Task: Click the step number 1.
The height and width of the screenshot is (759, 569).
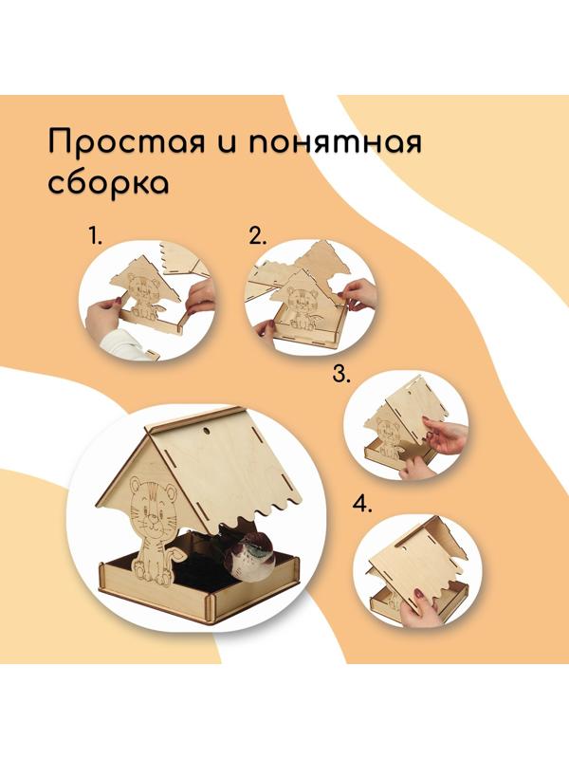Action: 94,236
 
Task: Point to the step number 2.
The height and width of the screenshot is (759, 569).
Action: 256,236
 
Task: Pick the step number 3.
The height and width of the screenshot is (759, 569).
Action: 341,373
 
